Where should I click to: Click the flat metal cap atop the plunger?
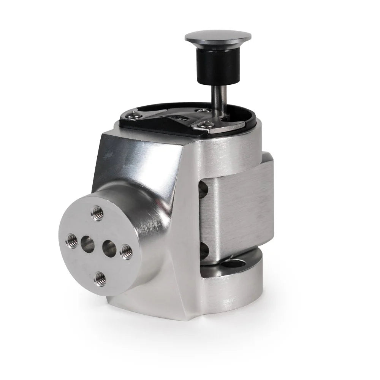point(218,37)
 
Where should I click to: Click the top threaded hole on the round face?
point(98,214)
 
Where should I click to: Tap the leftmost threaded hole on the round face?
point(72,241)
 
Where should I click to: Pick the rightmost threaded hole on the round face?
point(126,252)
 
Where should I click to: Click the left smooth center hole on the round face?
point(88,244)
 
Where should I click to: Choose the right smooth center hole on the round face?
point(109,249)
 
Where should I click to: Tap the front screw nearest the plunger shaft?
point(206,123)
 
